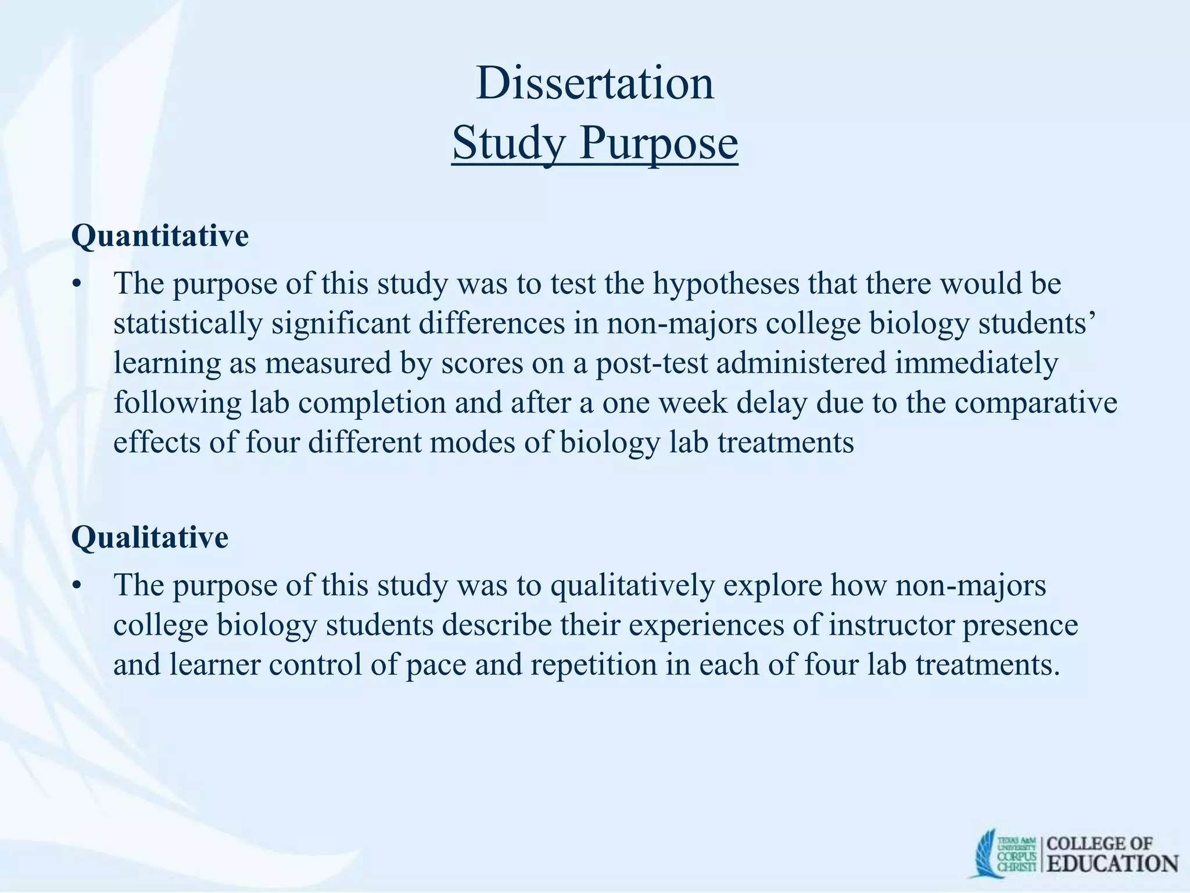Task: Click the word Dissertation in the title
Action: [594, 83]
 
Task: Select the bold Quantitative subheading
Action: [160, 236]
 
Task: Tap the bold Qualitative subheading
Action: [149, 537]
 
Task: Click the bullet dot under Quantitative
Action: [76, 285]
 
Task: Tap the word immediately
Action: [976, 363]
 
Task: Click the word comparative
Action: [1036, 402]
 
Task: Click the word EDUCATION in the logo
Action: [1113, 863]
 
